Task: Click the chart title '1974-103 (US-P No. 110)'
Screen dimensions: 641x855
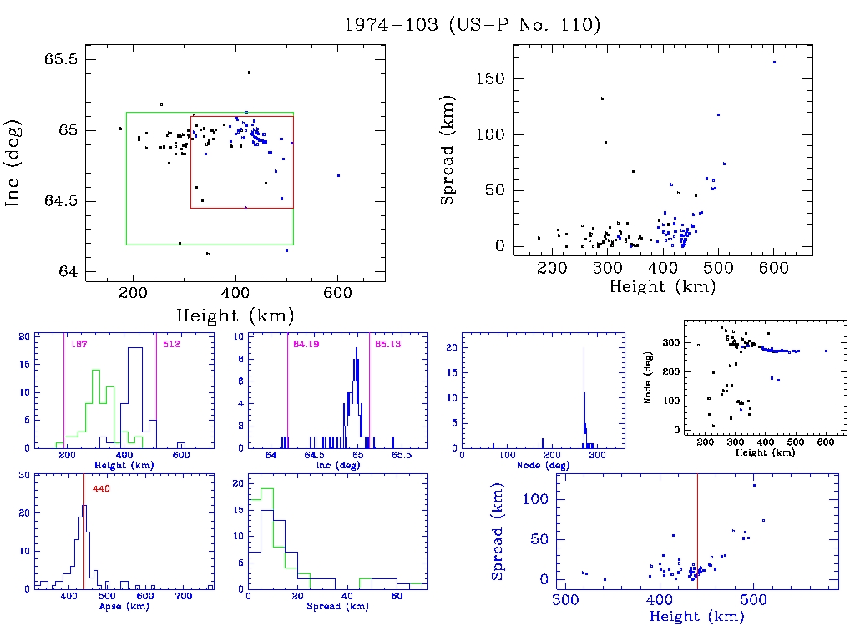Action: pyautogui.click(x=473, y=24)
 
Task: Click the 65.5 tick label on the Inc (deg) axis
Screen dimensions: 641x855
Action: pyautogui.click(x=61, y=60)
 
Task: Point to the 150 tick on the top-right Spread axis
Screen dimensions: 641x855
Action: pyautogui.click(x=489, y=79)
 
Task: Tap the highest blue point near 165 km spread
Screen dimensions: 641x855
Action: pyautogui.click(x=774, y=62)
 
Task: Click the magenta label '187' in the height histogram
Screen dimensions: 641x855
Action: pyautogui.click(x=79, y=344)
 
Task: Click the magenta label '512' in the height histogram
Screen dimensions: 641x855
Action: pyautogui.click(x=172, y=344)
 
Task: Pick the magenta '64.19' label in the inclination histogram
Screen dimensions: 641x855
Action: pyautogui.click(x=307, y=344)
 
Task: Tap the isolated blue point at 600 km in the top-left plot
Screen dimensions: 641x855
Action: pyautogui.click(x=338, y=175)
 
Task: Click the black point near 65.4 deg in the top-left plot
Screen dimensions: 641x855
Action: pyautogui.click(x=249, y=73)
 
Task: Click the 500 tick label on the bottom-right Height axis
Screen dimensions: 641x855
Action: pyautogui.click(x=753, y=601)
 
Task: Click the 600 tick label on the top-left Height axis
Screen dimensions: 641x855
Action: pyautogui.click(x=336, y=293)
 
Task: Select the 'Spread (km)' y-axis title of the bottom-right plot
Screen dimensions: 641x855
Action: pyautogui.click(x=498, y=542)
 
